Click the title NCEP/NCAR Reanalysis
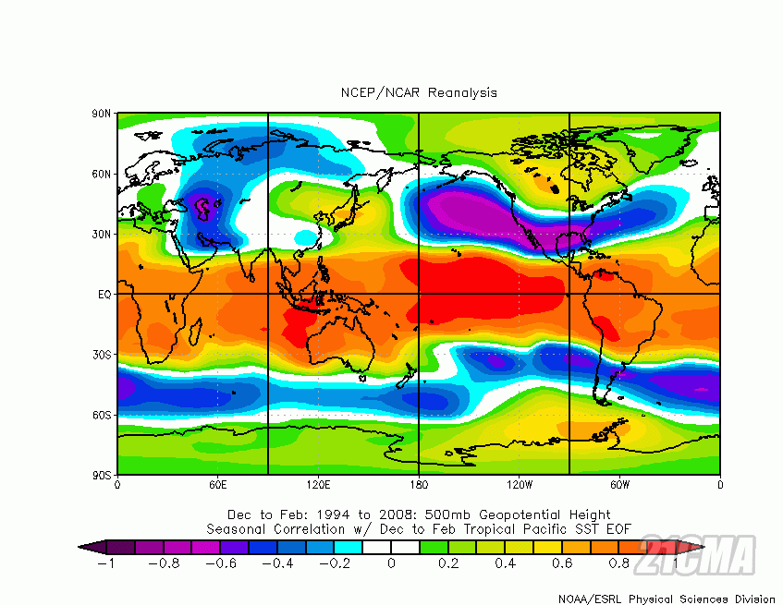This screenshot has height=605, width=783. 418,92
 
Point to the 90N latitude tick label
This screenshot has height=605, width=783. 102,114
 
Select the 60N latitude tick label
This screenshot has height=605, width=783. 102,174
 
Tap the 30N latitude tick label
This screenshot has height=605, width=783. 102,234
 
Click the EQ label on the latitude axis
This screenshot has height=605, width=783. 104,295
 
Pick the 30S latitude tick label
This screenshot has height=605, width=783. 102,355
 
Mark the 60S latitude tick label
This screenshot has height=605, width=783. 102,415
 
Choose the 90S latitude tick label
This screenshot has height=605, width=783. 102,475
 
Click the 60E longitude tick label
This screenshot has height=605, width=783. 217,484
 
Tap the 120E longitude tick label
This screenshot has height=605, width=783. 318,484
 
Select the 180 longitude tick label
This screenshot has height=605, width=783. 419,484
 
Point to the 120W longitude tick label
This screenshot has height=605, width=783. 519,484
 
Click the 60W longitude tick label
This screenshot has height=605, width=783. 619,484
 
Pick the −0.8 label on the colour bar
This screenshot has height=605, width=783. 163,563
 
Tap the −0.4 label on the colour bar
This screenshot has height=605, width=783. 277,563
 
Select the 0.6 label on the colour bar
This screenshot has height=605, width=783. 563,563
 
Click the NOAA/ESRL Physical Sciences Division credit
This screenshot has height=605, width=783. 667,599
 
